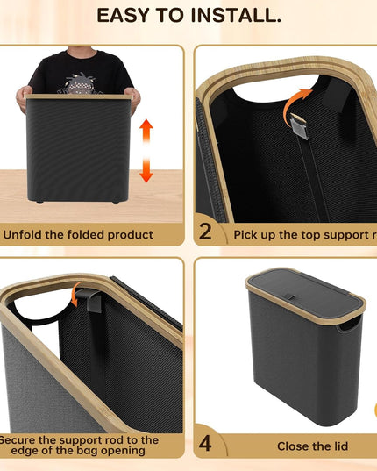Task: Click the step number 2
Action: [205, 233]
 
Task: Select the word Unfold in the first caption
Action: [25, 235]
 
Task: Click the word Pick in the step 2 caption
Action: [247, 235]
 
